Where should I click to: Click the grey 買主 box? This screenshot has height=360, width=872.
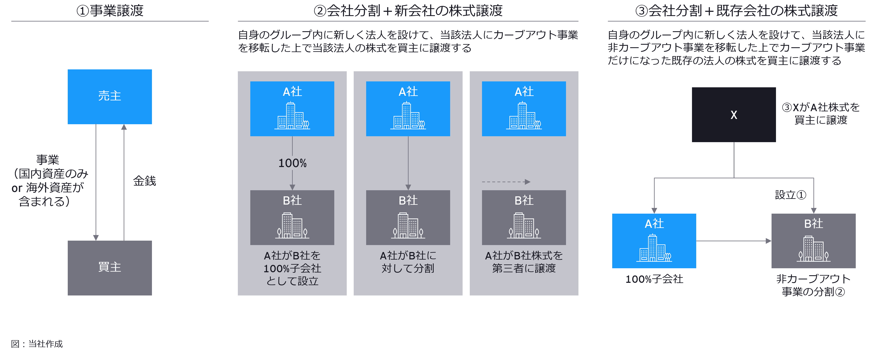(x=110, y=268)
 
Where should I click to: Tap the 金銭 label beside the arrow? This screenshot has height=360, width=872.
(x=145, y=181)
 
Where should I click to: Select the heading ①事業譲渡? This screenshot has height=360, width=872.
(x=110, y=11)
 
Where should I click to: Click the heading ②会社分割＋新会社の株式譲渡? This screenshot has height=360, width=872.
(x=408, y=11)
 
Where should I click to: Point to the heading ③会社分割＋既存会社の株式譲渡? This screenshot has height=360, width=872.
(x=736, y=11)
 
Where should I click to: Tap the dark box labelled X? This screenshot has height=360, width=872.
(x=734, y=115)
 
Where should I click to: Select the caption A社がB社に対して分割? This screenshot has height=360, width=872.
(x=408, y=262)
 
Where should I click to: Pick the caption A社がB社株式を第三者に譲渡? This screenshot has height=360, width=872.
(x=524, y=262)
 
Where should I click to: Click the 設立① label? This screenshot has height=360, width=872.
(x=790, y=195)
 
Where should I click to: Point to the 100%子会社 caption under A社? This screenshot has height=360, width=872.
(x=654, y=279)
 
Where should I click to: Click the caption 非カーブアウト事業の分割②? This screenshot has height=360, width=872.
(x=813, y=285)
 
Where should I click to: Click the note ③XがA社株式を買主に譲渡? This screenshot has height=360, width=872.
(x=821, y=114)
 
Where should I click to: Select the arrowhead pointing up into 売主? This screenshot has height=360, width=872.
(x=124, y=127)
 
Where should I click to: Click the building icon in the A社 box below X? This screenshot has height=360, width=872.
(x=654, y=248)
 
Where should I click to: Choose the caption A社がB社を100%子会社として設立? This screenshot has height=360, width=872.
(x=292, y=268)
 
